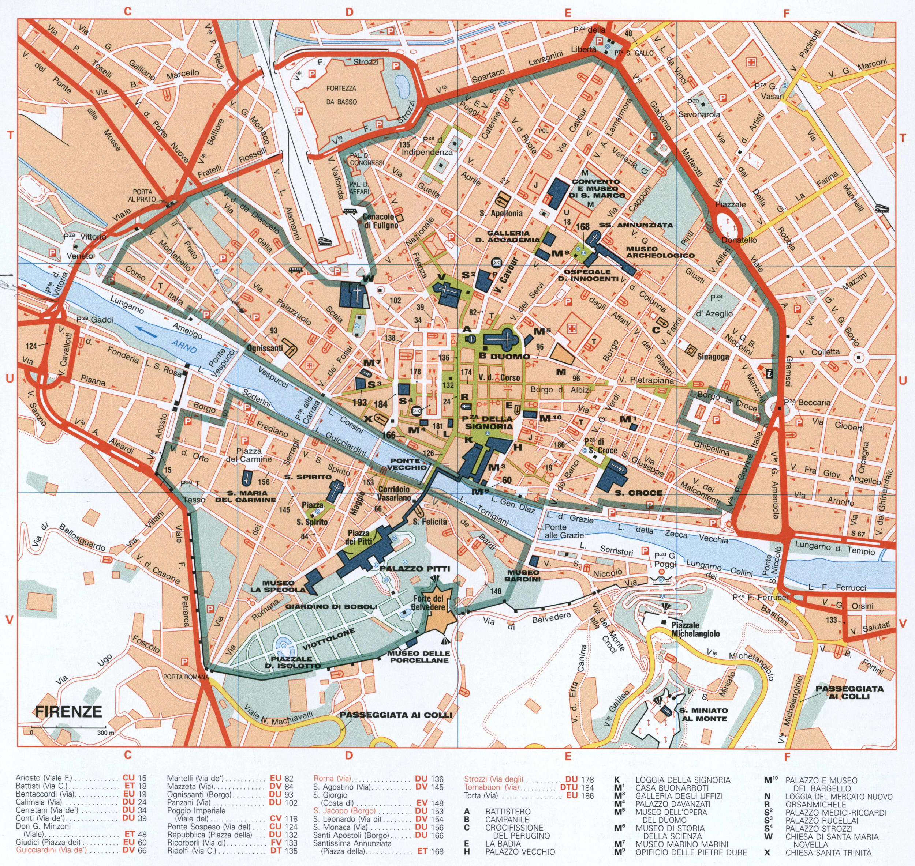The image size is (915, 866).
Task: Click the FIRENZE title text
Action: tap(68, 711)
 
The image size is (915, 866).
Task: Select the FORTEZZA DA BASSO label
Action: tap(341, 95)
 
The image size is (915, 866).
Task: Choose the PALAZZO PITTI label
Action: tap(414, 569)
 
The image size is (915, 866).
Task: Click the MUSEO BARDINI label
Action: tap(522, 576)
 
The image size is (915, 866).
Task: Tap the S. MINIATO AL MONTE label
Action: tap(703, 715)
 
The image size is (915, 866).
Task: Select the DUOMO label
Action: tap(510, 356)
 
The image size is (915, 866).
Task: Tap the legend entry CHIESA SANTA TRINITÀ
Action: tap(828, 852)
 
